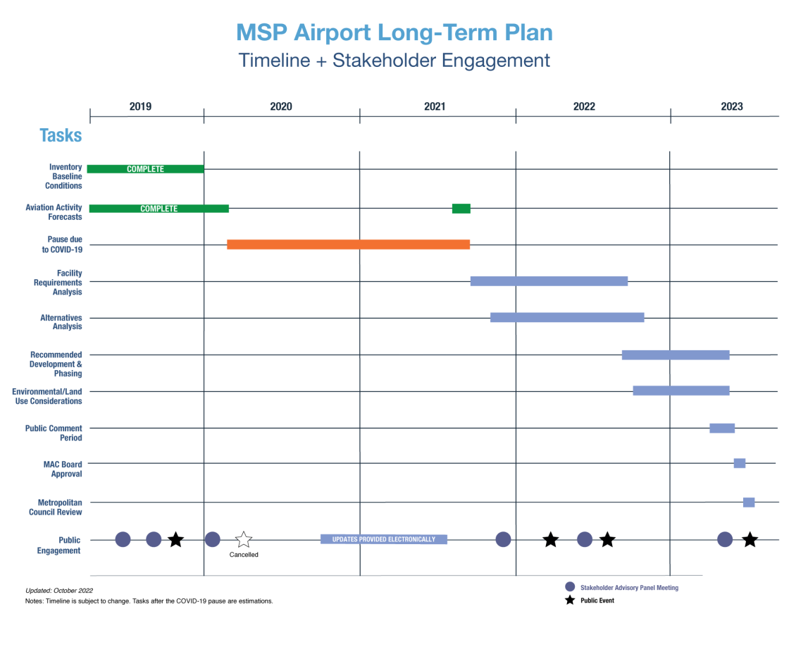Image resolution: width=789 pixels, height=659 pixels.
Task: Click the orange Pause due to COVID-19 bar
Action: pyautogui.click(x=348, y=245)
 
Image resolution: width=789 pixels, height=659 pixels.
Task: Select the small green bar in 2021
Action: pyautogui.click(x=461, y=208)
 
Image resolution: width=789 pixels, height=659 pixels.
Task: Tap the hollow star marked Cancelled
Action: pyautogui.click(x=244, y=540)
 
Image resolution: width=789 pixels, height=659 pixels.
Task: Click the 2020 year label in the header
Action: pyautogui.click(x=281, y=106)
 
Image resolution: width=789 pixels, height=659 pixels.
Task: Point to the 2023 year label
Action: pyautogui.click(x=731, y=106)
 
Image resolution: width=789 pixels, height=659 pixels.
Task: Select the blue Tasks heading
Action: pyautogui.click(x=61, y=135)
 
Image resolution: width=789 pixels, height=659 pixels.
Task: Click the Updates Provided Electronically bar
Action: pyautogui.click(x=384, y=539)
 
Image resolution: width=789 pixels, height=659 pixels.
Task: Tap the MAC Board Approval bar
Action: pyautogui.click(x=739, y=463)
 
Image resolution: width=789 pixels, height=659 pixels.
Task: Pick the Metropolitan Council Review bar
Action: pyautogui.click(x=749, y=502)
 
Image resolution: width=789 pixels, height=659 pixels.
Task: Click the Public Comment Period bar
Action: pyautogui.click(x=722, y=428)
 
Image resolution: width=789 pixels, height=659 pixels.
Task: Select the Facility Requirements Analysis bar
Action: pyautogui.click(x=549, y=281)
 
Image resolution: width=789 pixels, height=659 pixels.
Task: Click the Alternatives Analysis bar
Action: pyautogui.click(x=567, y=317)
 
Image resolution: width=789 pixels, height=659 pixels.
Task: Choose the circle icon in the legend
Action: pyautogui.click(x=570, y=586)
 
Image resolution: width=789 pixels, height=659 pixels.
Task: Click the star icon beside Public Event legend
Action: pyautogui.click(x=570, y=601)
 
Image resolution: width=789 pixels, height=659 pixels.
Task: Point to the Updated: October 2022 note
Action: pyautogui.click(x=59, y=590)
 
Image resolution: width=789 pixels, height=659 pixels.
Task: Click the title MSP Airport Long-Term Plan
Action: pyautogui.click(x=394, y=32)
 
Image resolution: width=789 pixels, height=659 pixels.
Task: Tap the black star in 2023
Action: pyautogui.click(x=750, y=539)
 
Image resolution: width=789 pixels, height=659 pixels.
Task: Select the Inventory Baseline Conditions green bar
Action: pyautogui.click(x=145, y=168)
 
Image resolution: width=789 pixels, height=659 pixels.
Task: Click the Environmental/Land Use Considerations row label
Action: pyautogui.click(x=47, y=396)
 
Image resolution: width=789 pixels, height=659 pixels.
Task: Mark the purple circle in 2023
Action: pyautogui.click(x=725, y=539)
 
